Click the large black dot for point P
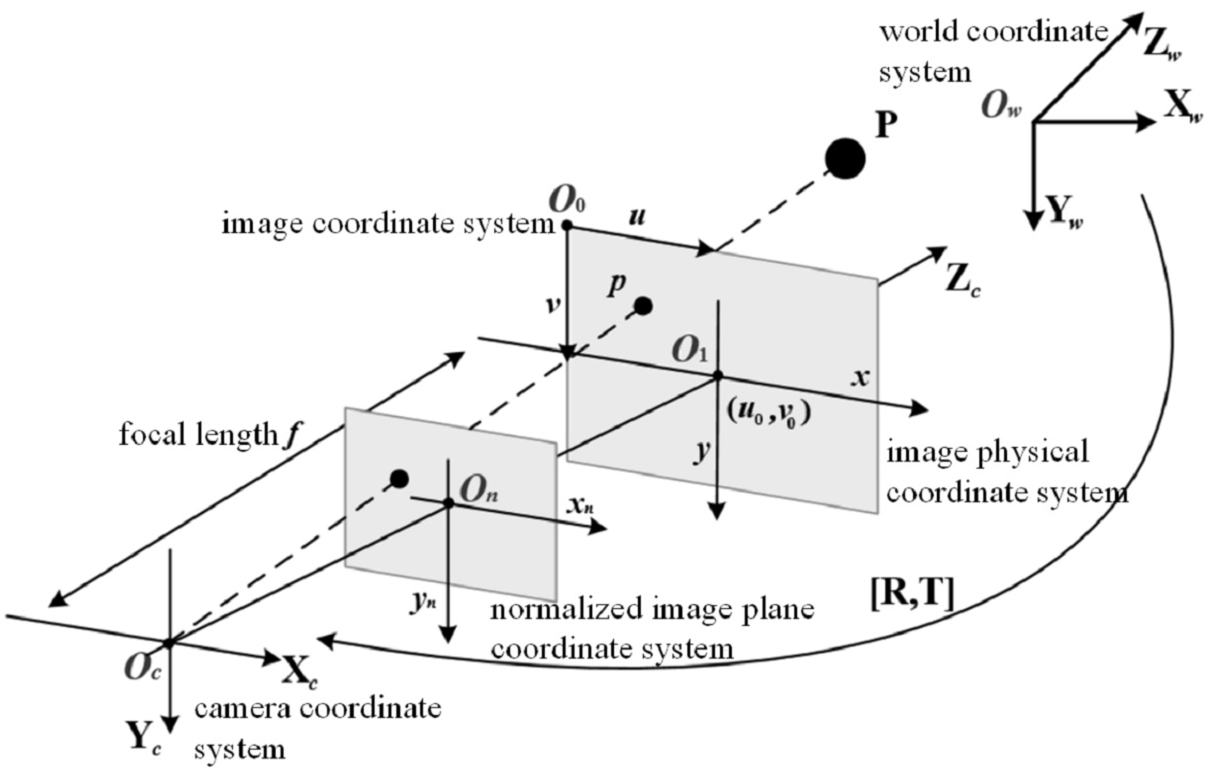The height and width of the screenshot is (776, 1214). (x=845, y=158)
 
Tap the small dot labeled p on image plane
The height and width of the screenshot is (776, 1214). (x=643, y=306)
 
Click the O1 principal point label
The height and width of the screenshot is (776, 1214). (x=689, y=351)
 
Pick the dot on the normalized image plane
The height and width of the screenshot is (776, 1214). (x=400, y=478)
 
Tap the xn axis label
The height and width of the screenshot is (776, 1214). (x=579, y=506)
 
